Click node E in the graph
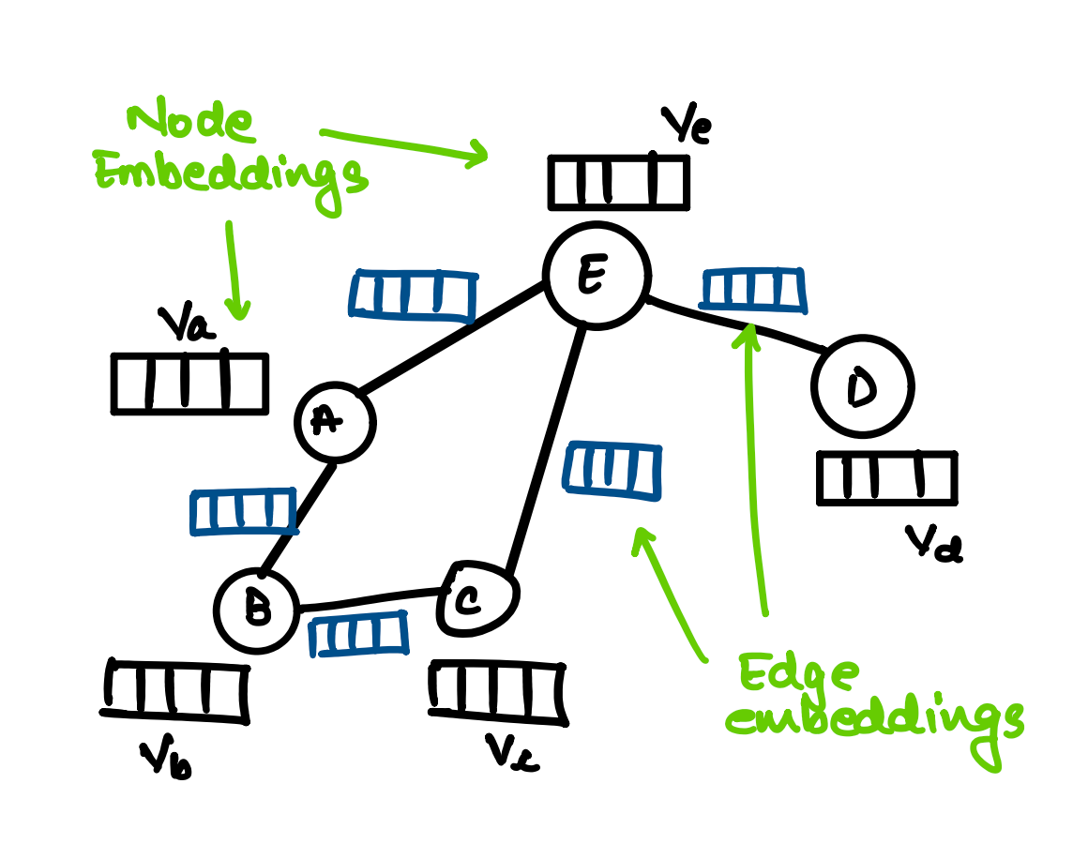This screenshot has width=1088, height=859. click(x=597, y=277)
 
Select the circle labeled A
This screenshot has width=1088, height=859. click(x=335, y=422)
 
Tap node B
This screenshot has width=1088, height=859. click(x=256, y=610)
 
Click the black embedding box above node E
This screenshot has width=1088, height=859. click(x=618, y=182)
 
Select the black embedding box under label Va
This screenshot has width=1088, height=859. click(x=189, y=384)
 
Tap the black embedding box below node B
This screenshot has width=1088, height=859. click(x=176, y=691)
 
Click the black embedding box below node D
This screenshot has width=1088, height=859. click(x=886, y=477)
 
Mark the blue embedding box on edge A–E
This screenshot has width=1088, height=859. click(x=414, y=295)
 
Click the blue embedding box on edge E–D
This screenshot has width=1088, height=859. click(x=754, y=290)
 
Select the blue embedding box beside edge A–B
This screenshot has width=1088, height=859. click(x=242, y=512)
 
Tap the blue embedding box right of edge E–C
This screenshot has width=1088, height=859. click(x=612, y=470)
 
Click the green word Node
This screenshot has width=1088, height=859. click(x=190, y=124)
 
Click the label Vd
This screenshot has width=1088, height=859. click(x=932, y=542)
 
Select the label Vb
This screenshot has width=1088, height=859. click(x=165, y=760)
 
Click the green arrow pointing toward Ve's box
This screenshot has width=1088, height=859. click(x=403, y=145)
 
